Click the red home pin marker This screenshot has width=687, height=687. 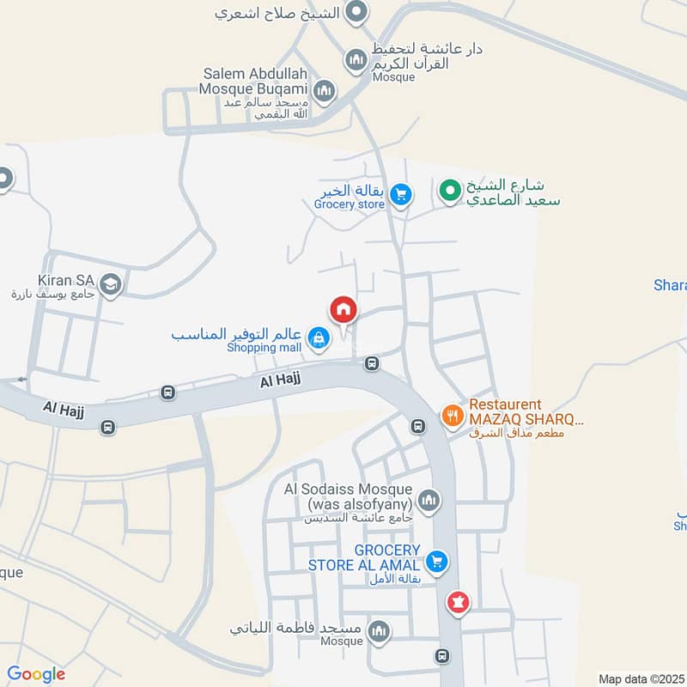pyautogui.click(x=343, y=310)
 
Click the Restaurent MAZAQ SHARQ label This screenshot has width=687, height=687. pyautogui.click(x=526, y=413)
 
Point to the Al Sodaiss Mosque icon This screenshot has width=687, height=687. pyautogui.click(x=428, y=499)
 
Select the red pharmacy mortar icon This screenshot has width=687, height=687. pyautogui.click(x=458, y=603)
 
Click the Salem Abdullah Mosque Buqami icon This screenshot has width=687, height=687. pyautogui.click(x=324, y=89)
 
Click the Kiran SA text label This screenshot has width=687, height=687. pyautogui.click(x=65, y=280)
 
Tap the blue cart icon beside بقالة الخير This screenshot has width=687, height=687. pyautogui.click(x=399, y=196)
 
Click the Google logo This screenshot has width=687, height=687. pyautogui.click(x=36, y=674)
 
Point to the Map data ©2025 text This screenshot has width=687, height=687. pyautogui.click(x=641, y=678)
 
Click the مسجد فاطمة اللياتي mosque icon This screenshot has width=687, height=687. pyautogui.click(x=379, y=633)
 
